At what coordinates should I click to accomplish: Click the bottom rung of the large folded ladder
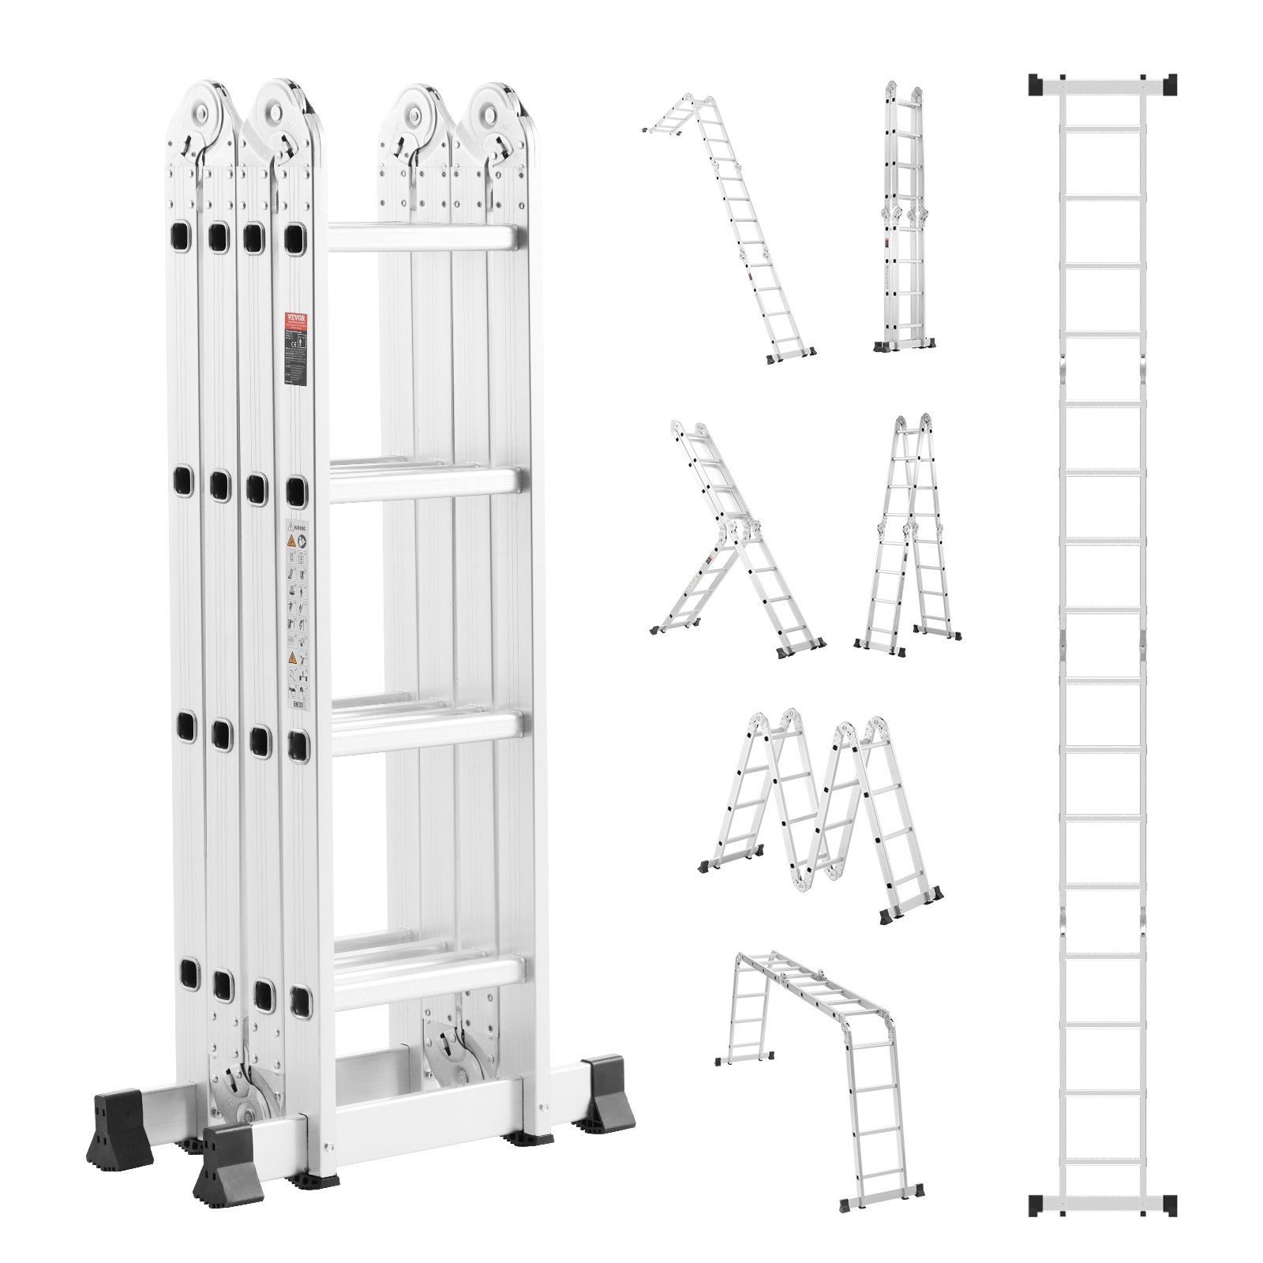click(426, 979)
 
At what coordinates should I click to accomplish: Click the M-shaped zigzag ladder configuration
click(821, 813)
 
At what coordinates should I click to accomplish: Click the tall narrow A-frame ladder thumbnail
click(908, 537)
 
